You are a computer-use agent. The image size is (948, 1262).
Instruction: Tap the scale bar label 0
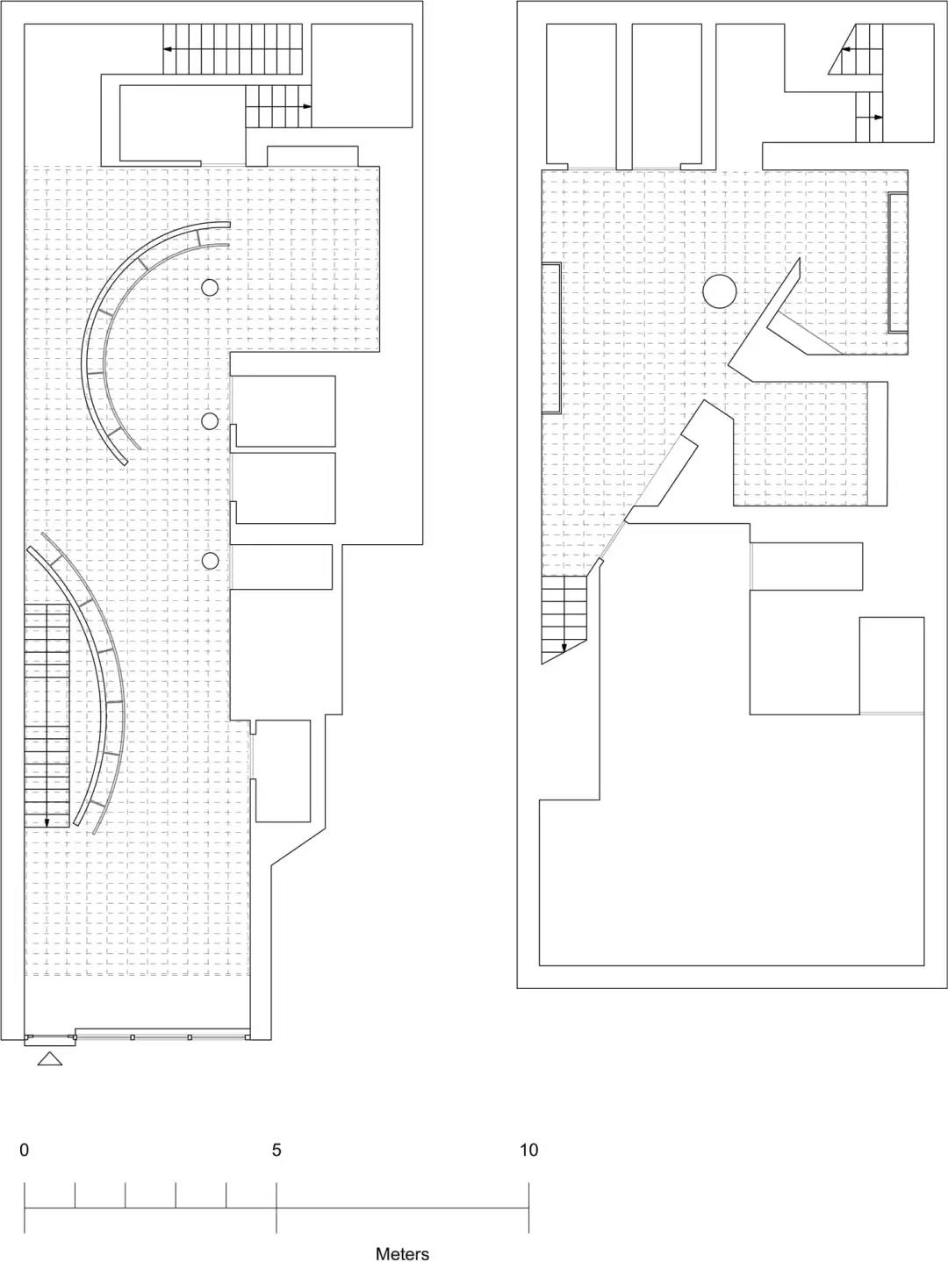(x=25, y=1150)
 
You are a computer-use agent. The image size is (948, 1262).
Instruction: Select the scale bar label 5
(x=276, y=1150)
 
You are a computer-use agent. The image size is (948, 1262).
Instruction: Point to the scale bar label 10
(x=529, y=1150)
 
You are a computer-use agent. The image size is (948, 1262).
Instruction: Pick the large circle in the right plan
(x=719, y=290)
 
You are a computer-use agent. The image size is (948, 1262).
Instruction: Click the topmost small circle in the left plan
(x=210, y=288)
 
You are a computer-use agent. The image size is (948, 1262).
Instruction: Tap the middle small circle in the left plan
(x=211, y=421)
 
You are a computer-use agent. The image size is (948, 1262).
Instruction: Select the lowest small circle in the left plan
(x=211, y=561)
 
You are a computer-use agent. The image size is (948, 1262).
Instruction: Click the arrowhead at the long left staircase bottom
(x=47, y=822)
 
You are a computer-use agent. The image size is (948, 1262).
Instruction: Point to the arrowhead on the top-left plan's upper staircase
(x=168, y=49)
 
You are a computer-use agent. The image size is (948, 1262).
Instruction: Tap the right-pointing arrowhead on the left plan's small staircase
(x=307, y=106)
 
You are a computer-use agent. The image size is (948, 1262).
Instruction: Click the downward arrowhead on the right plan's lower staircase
(x=564, y=648)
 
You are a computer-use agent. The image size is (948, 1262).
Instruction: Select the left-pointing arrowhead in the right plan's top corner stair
(x=846, y=50)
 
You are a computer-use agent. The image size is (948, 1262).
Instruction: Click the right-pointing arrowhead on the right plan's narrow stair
(x=879, y=118)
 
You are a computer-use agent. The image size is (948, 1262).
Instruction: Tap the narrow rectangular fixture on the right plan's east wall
(x=898, y=262)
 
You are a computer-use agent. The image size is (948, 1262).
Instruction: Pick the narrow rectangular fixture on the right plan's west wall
(x=551, y=338)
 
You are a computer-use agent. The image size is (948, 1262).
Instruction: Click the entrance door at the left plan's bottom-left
(x=51, y=1037)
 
